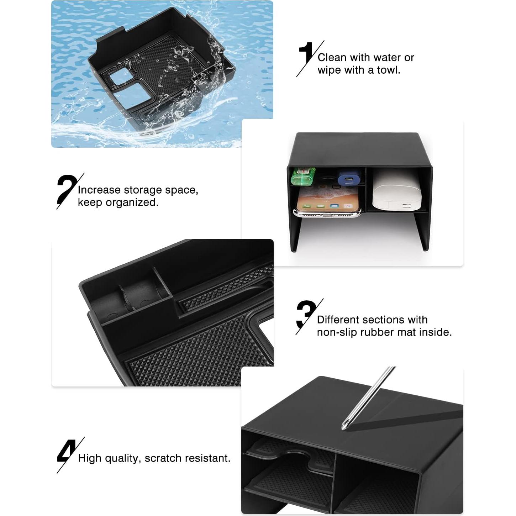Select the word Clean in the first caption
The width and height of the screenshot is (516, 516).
point(332,58)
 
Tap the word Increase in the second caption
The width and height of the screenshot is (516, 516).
point(99,190)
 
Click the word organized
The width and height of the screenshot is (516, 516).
point(137,202)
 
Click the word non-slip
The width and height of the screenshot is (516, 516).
point(337,332)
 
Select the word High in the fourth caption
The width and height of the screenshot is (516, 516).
point(90,458)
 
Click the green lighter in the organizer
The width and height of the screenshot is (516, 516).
point(303,176)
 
